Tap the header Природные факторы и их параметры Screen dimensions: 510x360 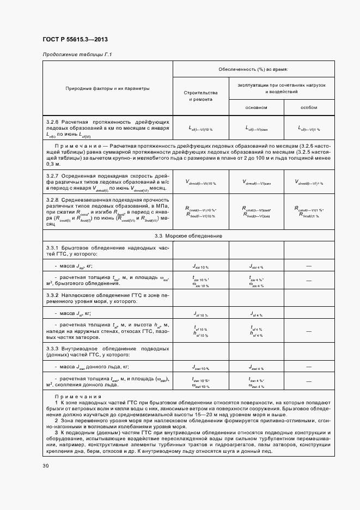(108, 88)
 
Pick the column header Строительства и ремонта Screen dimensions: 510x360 (200, 96)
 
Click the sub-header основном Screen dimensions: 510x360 (257, 107)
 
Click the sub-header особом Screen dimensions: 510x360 (309, 107)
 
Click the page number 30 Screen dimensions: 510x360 (45, 466)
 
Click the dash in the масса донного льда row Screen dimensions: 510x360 (309, 367)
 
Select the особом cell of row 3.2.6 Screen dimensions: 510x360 (309, 129)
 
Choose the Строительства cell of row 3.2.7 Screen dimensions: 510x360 (200, 183)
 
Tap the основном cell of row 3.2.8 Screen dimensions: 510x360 (257, 212)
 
